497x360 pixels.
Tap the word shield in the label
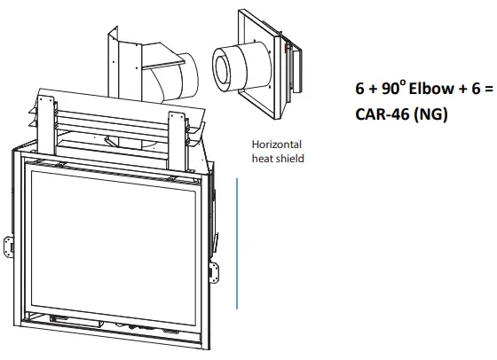(x=291, y=159)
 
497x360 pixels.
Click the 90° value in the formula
(x=376, y=94)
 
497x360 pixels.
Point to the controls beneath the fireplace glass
(x=133, y=325)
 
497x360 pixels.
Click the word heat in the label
(x=264, y=159)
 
